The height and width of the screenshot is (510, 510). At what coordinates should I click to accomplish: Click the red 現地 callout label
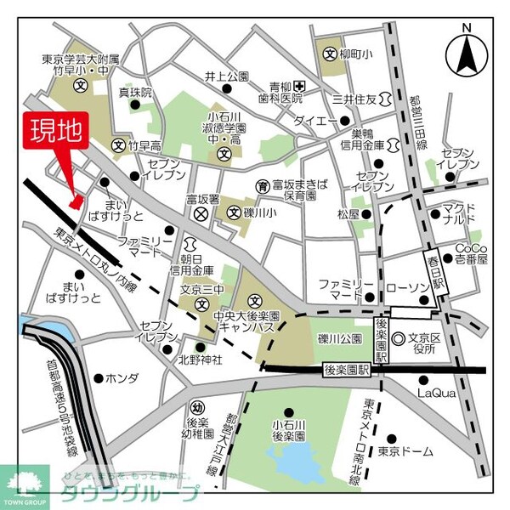tap(58, 133)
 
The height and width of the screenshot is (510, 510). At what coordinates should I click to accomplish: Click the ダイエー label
tap(315, 122)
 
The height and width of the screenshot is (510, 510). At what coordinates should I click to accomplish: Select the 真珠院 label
tap(134, 92)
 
